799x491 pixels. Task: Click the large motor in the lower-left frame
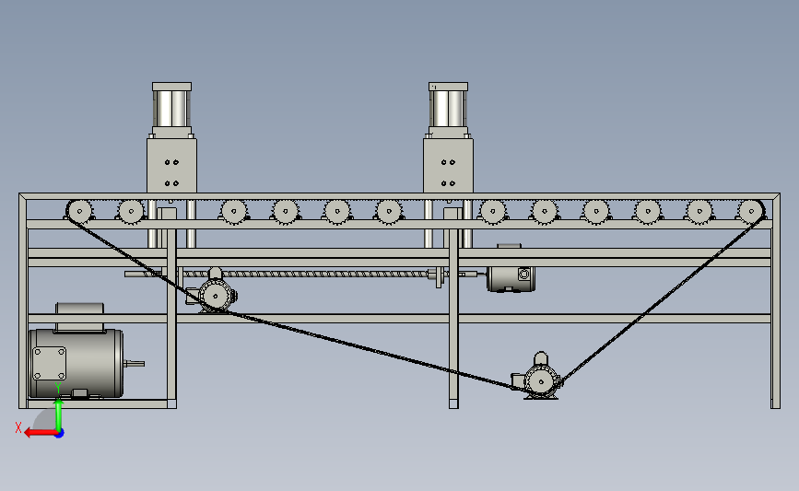pyautogui.click(x=76, y=357)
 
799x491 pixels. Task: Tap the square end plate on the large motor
pyautogui.click(x=49, y=363)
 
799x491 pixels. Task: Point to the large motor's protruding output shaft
pyautogui.click(x=134, y=363)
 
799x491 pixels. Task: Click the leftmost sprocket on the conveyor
pyautogui.click(x=79, y=211)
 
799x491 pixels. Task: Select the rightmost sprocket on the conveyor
pyautogui.click(x=750, y=211)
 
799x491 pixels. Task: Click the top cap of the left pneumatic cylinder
pyautogui.click(x=171, y=87)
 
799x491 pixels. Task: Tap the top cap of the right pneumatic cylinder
pyautogui.click(x=449, y=87)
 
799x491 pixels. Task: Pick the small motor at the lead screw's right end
pyautogui.click(x=511, y=277)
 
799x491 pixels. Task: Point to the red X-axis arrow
pyautogui.click(x=41, y=433)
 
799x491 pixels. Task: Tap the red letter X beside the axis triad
pyautogui.click(x=18, y=427)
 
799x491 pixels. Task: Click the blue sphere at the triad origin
pyautogui.click(x=60, y=434)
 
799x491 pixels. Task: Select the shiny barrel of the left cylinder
pyautogui.click(x=171, y=109)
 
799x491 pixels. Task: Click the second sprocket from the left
pyautogui.click(x=131, y=211)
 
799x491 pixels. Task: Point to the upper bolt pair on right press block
pyautogui.click(x=449, y=162)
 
